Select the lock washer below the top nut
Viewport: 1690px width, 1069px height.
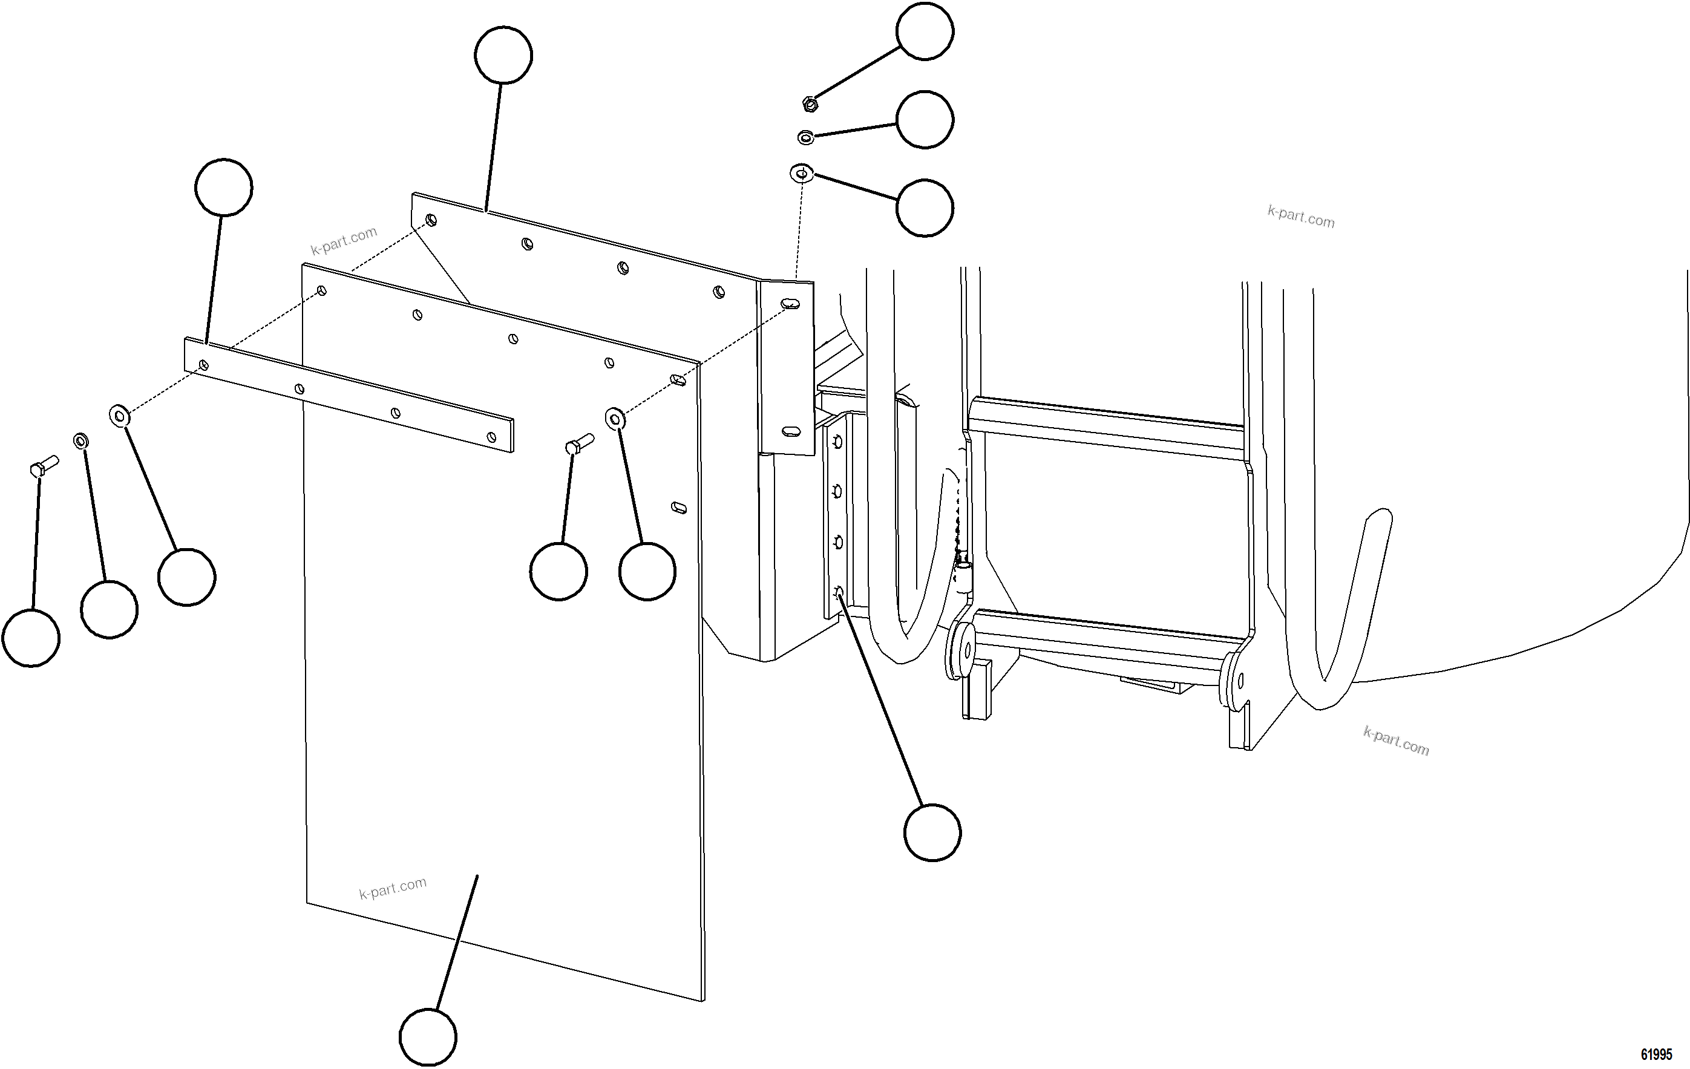pos(806,137)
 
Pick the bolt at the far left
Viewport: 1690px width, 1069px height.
pos(44,466)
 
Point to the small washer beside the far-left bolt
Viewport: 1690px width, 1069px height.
pos(80,441)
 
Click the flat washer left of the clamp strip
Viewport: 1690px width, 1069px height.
pos(119,416)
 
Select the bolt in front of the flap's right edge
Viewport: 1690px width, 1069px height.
pos(579,443)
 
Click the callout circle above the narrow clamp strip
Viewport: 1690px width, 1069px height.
pos(223,188)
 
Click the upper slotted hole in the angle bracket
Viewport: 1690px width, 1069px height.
pos(790,304)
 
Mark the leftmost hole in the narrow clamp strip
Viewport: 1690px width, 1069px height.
pos(203,365)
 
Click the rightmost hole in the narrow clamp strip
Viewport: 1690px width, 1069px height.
pos(491,437)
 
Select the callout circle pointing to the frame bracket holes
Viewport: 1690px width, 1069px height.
pos(932,832)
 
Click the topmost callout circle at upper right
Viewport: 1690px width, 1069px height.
pos(925,31)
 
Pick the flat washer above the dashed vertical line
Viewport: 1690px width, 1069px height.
pos(802,172)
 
